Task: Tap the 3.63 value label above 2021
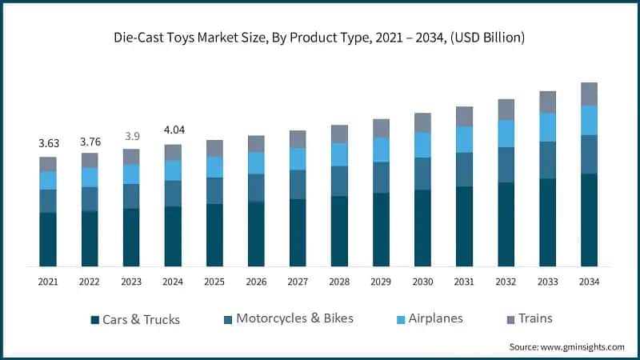click(48, 143)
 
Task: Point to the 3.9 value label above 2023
click(131, 136)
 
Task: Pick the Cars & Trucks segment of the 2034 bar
click(589, 219)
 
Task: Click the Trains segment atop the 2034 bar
click(589, 94)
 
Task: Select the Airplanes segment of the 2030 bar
click(422, 145)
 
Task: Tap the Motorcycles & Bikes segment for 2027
click(298, 184)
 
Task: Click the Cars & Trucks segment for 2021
click(48, 239)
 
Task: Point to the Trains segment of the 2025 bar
click(214, 148)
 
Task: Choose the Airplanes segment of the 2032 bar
click(506, 134)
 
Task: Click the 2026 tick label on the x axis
click(256, 282)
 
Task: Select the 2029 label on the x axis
click(381, 282)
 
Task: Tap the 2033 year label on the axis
click(547, 282)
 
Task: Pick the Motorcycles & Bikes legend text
click(294, 318)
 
